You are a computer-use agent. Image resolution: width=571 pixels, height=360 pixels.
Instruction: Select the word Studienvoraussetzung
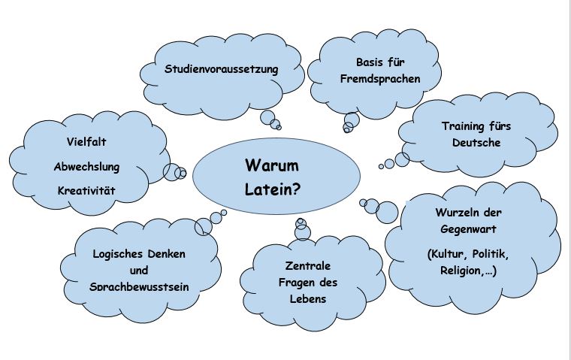click(222, 69)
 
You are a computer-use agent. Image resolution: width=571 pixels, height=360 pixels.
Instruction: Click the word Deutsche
click(476, 143)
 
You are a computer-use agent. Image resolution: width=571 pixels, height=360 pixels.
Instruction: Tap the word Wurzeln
click(458, 212)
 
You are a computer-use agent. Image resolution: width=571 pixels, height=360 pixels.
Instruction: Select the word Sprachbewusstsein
click(138, 286)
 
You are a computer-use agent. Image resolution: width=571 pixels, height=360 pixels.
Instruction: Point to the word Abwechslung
click(86, 166)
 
